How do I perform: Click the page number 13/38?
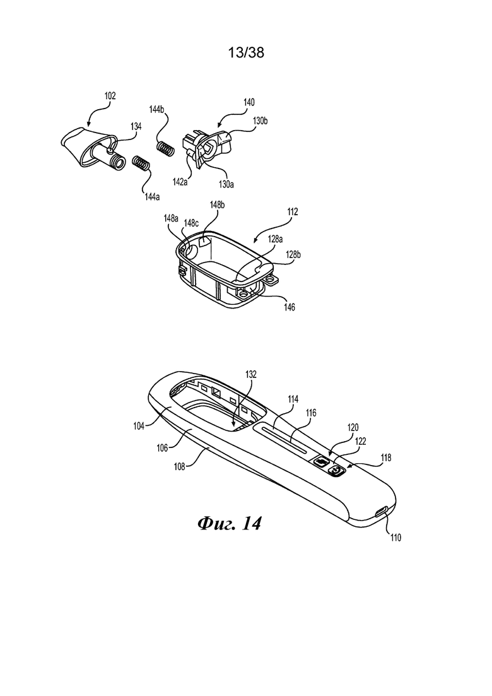(246, 53)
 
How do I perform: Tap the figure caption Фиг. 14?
(229, 523)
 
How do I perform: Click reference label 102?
(110, 96)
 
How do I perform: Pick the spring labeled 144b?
(165, 149)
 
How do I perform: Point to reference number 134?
(136, 126)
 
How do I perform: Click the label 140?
(249, 102)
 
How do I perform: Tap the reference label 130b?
(260, 121)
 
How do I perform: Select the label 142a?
(180, 182)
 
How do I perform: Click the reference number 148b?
(218, 204)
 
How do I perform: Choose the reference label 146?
(289, 307)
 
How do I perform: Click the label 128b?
(293, 254)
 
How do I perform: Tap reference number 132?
(250, 374)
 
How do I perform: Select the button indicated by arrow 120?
(321, 462)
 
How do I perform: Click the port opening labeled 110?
(382, 512)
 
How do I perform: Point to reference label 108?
(180, 466)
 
